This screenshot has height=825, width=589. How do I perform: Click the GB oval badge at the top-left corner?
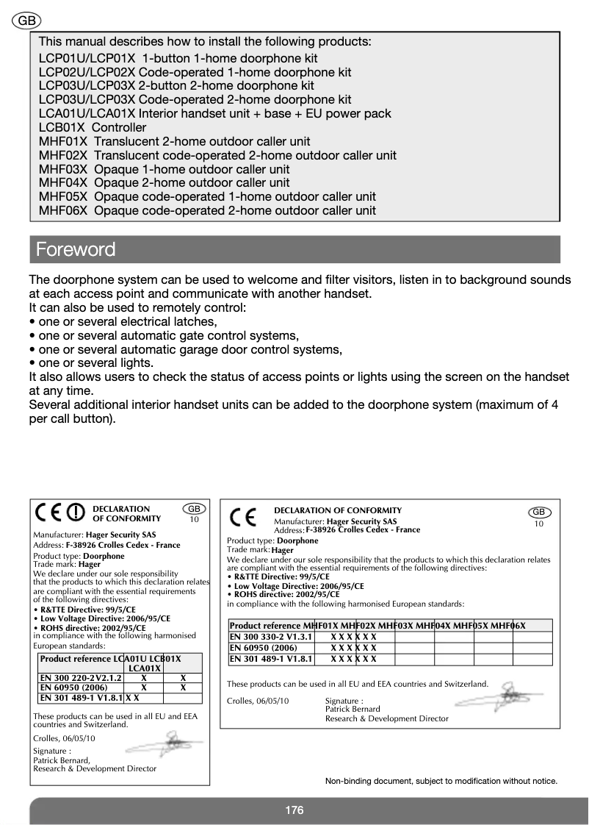pyautogui.click(x=26, y=21)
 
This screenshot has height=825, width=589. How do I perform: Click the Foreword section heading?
pyautogui.click(x=76, y=249)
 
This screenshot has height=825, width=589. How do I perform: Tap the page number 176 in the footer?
pyautogui.click(x=294, y=810)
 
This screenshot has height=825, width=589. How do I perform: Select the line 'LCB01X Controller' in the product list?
pyautogui.click(x=93, y=127)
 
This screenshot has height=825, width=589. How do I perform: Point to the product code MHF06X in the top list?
pyautogui.click(x=63, y=210)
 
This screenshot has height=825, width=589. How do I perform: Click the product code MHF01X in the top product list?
pyautogui.click(x=63, y=141)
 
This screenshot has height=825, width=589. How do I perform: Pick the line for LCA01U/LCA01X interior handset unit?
pyautogui.click(x=214, y=113)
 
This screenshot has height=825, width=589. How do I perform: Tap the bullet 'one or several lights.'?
pyautogui.click(x=91, y=362)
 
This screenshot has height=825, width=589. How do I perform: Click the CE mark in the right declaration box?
pyautogui.click(x=243, y=517)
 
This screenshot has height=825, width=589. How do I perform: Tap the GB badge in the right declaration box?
pyautogui.click(x=538, y=512)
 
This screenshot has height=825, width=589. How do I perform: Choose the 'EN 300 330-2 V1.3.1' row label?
pyautogui.click(x=271, y=636)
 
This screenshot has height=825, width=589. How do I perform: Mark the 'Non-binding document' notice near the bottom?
pyautogui.click(x=441, y=781)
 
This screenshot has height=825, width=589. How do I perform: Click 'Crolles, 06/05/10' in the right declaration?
pyautogui.click(x=258, y=701)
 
